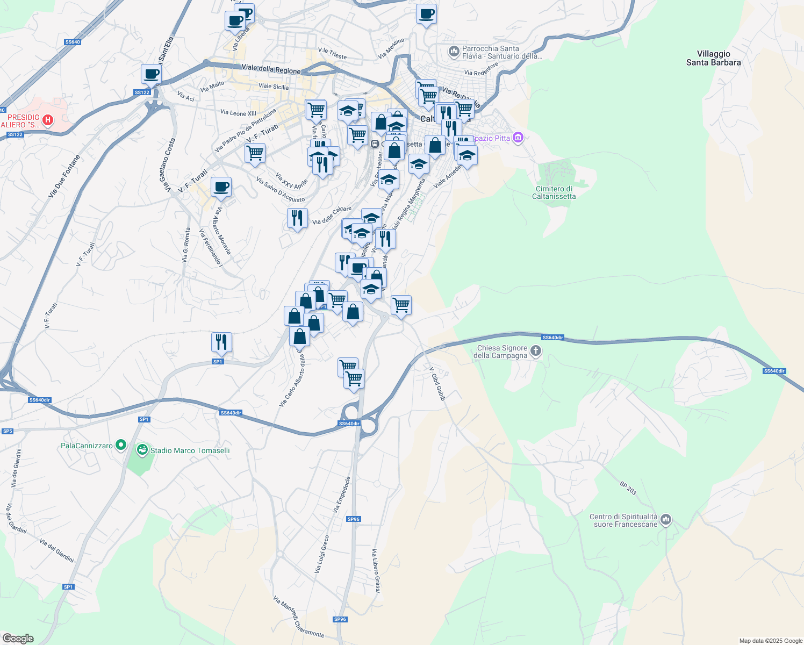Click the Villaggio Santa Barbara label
tap(713, 58)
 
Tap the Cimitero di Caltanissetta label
tap(554, 192)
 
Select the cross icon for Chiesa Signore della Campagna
tap(535, 352)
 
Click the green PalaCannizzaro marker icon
tap(121, 445)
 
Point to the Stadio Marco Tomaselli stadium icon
tap(142, 450)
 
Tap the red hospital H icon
tap(48, 120)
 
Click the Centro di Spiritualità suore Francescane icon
tap(666, 519)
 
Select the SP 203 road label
tap(628, 488)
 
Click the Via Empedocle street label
tap(342, 494)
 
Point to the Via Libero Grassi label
tap(377, 571)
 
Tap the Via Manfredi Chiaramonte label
tap(298, 617)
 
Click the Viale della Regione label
tap(271, 69)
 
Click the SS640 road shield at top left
tap(72, 42)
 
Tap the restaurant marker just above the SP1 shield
tap(221, 342)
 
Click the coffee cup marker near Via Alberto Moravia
tap(221, 187)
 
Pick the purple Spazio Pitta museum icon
tap(518, 138)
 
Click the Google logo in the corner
tap(18, 639)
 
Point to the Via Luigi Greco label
tap(321, 554)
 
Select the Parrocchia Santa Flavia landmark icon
tap(454, 52)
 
